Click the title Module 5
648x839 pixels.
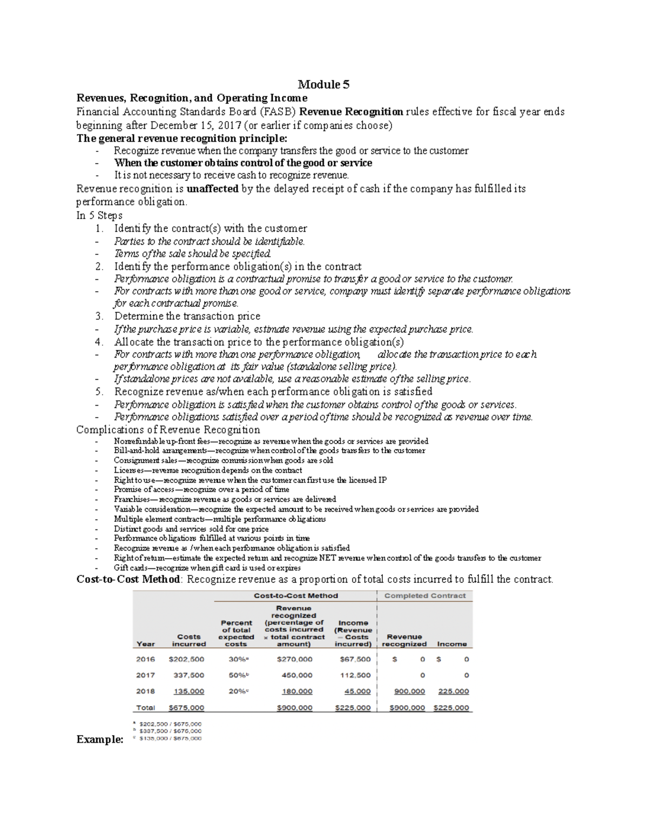coord(324,84)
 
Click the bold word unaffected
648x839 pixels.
coord(212,189)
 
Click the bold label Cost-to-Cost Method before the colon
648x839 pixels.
coord(128,580)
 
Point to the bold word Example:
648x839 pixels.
coord(100,740)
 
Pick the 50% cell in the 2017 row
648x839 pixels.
coord(235,675)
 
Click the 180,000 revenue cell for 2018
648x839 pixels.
coord(297,692)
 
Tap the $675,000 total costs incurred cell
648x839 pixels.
coord(186,708)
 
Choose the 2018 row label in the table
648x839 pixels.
coord(146,692)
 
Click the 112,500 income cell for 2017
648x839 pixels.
coord(355,675)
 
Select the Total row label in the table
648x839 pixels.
coord(146,708)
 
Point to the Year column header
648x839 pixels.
coord(146,644)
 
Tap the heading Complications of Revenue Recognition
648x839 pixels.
coord(168,430)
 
